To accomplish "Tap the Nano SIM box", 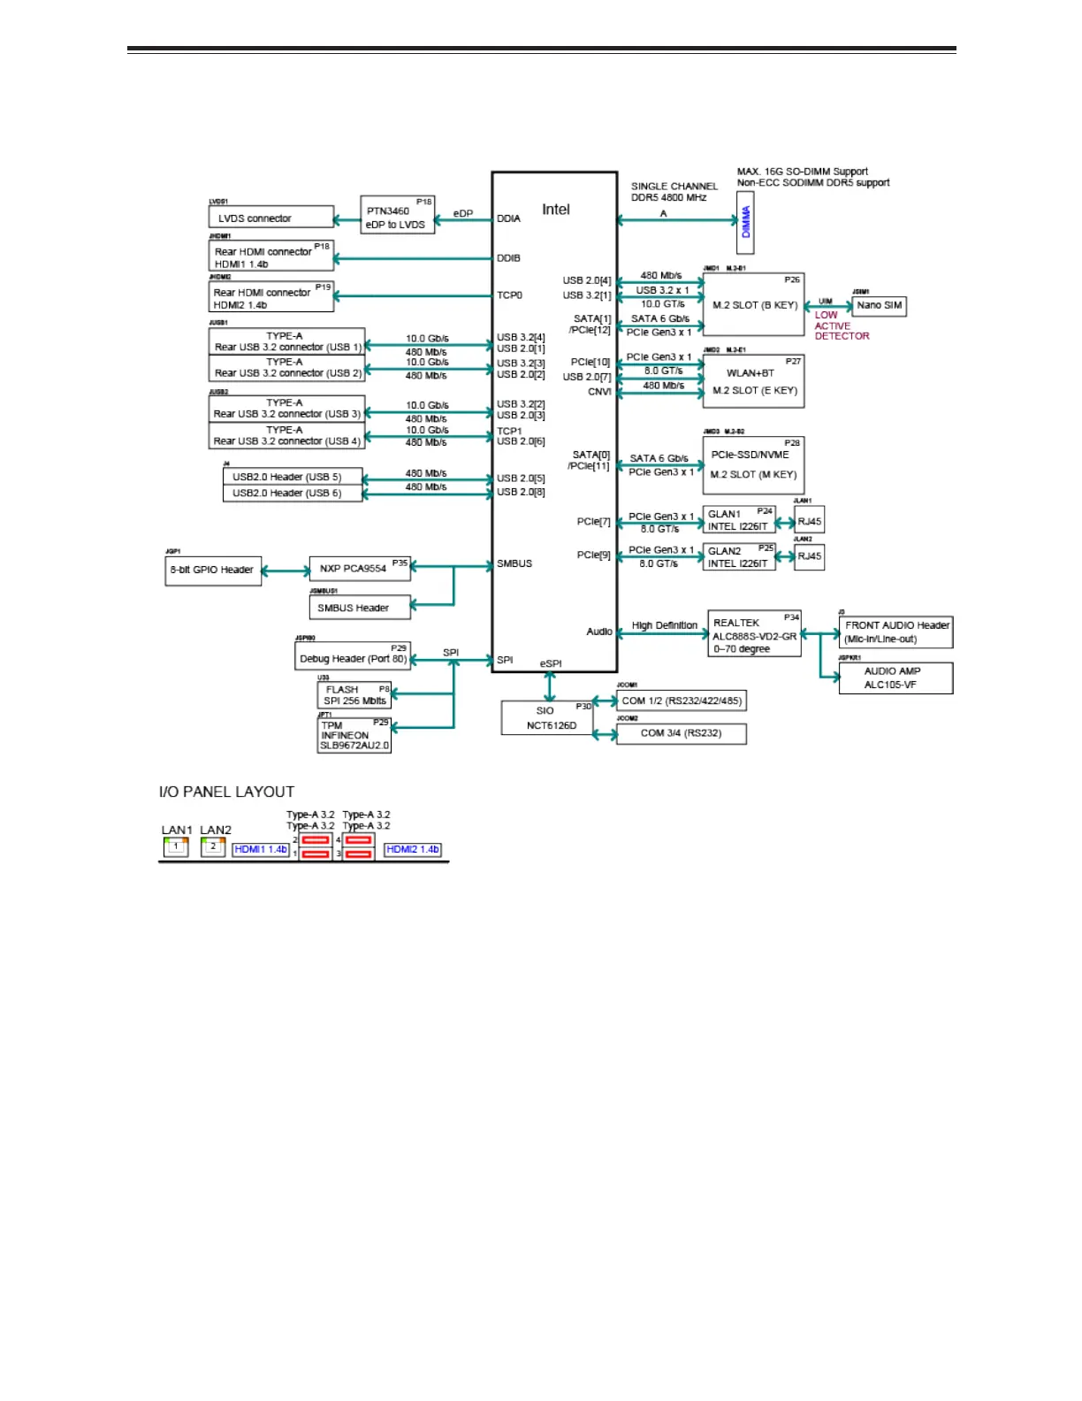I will [879, 306].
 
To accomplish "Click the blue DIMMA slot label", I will [745, 222].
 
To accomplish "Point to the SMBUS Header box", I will [360, 608].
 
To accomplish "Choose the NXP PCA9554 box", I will [360, 569].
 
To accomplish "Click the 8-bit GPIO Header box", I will [213, 570].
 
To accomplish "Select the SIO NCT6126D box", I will [547, 717].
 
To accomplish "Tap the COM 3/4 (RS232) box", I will [681, 733].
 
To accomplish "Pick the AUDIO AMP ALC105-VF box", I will [895, 678].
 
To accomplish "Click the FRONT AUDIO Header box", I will [895, 632].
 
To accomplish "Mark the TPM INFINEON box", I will [354, 735].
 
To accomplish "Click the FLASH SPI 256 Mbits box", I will [354, 695].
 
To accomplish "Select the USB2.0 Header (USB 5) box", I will [293, 477].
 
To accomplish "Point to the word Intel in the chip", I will [556, 210].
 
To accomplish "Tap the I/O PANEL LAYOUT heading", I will [226, 792].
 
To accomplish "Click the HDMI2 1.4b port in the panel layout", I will [413, 849].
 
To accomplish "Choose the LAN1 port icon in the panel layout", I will [176, 846].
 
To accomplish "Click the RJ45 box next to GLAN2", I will [809, 556].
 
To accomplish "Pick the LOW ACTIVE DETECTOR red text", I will [841, 325].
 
